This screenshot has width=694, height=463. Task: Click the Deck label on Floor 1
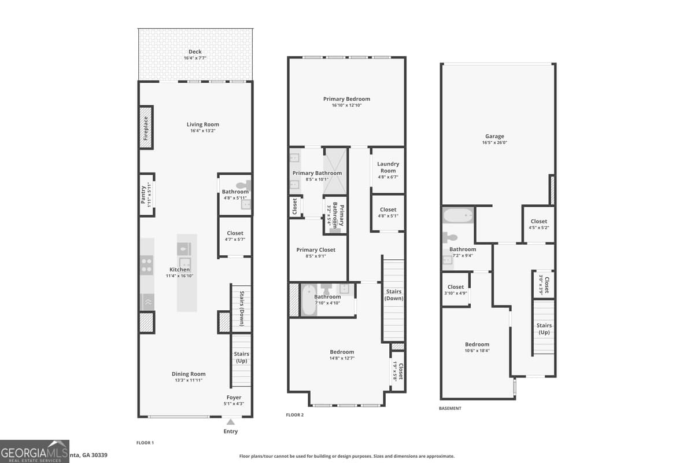tap(195, 52)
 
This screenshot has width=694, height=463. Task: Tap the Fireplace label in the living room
tap(146, 128)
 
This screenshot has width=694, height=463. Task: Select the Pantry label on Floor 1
tap(144, 194)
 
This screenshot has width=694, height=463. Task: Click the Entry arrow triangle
tap(230, 422)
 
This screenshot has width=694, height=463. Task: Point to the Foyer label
tap(234, 398)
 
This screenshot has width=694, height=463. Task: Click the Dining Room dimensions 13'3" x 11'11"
tap(189, 381)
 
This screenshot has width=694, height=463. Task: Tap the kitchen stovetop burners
tap(147, 266)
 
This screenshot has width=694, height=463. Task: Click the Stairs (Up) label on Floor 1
tap(241, 357)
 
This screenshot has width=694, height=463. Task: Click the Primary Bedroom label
tap(346, 99)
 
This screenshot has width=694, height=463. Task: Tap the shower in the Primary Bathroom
tap(335, 171)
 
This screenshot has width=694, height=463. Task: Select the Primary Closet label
tap(316, 250)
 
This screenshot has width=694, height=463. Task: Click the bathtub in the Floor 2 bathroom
tap(309, 300)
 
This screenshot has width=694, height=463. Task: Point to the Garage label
tap(494, 137)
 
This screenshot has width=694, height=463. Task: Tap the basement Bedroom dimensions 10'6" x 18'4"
tap(477, 351)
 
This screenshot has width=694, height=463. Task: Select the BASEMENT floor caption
tap(450, 409)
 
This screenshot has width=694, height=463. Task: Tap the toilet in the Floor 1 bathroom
tap(242, 185)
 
